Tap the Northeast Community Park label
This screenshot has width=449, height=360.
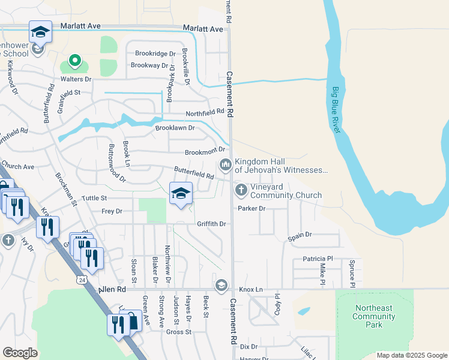[x=373, y=316]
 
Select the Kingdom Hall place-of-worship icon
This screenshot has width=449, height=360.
[x=226, y=164]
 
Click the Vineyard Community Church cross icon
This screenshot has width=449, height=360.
[x=241, y=190]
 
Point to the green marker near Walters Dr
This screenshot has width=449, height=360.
[x=74, y=61]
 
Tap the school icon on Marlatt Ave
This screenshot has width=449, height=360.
[x=40, y=32]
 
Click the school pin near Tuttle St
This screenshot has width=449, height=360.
[x=181, y=193]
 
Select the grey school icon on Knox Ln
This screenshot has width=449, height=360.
[x=221, y=284]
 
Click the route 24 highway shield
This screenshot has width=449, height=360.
[x=81, y=280]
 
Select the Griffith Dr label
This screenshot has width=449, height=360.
[x=211, y=224]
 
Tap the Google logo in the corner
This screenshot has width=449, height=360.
[x=20, y=352]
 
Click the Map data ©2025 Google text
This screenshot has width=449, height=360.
[x=411, y=355]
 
